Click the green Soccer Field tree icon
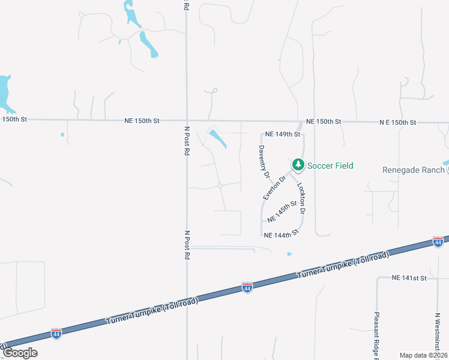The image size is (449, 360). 298,164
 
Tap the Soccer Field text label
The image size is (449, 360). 331,166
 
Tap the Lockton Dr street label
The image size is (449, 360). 302,199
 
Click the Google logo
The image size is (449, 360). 20,353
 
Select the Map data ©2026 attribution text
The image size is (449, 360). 423,355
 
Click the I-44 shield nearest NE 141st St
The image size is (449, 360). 438,242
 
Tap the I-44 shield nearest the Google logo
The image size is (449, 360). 56,332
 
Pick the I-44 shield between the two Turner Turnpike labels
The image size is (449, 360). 247,287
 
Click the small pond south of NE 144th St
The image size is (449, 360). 289,254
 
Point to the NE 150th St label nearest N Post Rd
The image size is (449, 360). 142,121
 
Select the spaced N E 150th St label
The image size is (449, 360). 398,122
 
